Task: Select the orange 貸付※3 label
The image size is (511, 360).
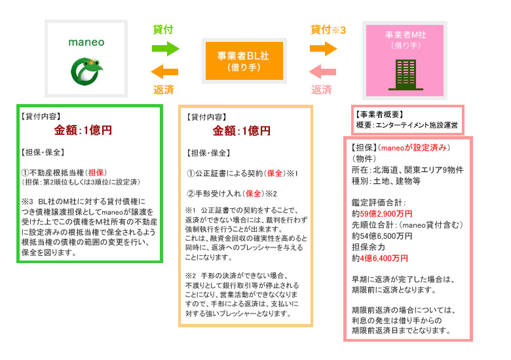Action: [328, 29]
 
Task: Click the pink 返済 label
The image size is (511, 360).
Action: [321, 89]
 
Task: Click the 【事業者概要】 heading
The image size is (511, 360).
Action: [381, 115]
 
